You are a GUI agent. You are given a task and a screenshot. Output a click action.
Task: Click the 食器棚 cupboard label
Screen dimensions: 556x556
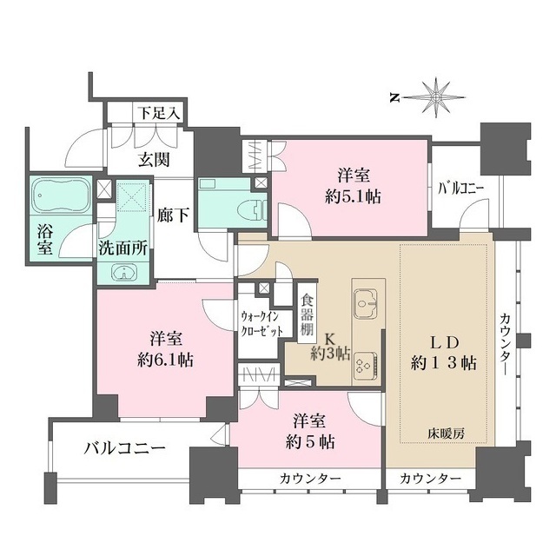point(306,315)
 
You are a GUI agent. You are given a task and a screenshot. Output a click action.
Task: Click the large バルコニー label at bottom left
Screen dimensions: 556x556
point(125,449)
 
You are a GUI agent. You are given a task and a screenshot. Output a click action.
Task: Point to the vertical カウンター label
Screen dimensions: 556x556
point(506,344)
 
